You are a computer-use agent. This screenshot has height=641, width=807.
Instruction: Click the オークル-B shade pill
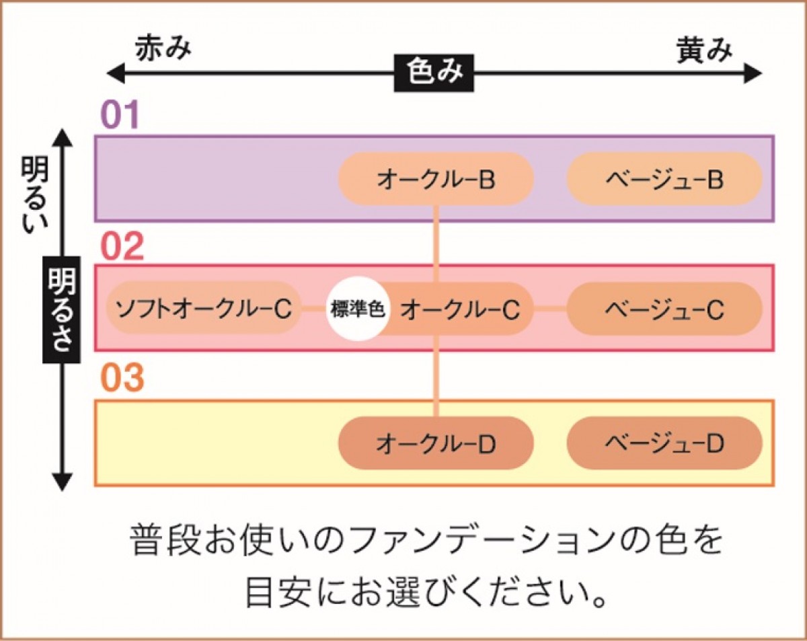tap(436, 179)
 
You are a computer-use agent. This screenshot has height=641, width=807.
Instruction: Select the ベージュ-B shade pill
tap(664, 179)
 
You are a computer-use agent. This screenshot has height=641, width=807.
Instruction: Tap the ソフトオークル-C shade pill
tap(203, 309)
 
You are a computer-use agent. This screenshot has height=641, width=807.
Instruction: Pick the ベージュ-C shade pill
tap(664, 309)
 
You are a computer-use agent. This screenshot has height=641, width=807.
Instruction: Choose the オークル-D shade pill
tap(436, 443)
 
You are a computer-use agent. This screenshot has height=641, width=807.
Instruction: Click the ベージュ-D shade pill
tap(664, 443)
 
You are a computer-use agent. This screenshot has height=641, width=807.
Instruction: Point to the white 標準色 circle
tap(358, 309)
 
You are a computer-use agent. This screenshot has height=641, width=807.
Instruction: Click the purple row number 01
tap(120, 116)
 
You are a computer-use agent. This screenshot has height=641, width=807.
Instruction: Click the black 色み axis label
tap(434, 73)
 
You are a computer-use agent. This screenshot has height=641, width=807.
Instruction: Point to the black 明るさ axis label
tap(61, 309)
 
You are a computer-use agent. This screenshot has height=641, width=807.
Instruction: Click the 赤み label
tap(163, 49)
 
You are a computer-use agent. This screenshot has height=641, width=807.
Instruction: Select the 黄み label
tap(703, 49)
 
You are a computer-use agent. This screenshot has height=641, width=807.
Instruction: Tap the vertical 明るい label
tap(33, 195)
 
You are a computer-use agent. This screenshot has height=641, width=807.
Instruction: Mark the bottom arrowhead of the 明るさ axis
tap(62, 482)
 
